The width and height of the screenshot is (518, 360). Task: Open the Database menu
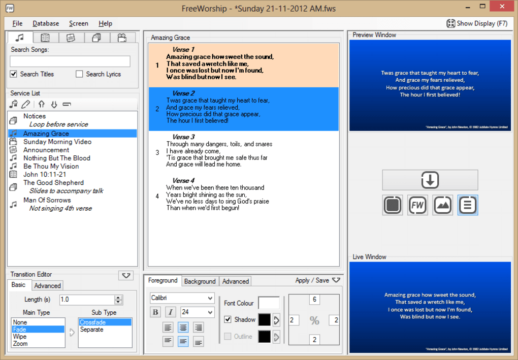[46, 23]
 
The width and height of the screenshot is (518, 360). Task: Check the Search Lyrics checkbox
[79, 74]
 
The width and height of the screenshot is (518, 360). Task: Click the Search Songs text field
[70, 61]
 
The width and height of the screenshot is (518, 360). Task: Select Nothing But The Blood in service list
[56, 158]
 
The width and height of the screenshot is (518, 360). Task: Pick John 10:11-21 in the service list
[45, 174]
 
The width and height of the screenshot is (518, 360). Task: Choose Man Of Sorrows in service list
[47, 200]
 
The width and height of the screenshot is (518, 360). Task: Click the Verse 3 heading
[183, 137]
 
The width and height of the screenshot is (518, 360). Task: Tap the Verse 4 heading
[183, 181]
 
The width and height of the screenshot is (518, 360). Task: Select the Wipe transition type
[20, 337]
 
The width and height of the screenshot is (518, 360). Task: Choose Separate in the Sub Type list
[91, 330]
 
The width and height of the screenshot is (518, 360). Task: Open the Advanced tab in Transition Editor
[48, 286]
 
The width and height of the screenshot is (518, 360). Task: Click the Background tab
[200, 281]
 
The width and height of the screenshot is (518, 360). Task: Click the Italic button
[171, 312]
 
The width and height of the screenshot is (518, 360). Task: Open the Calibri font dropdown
[182, 298]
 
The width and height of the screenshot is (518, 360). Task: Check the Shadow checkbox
[228, 320]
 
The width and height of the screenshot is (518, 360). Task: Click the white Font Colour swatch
[269, 303]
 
